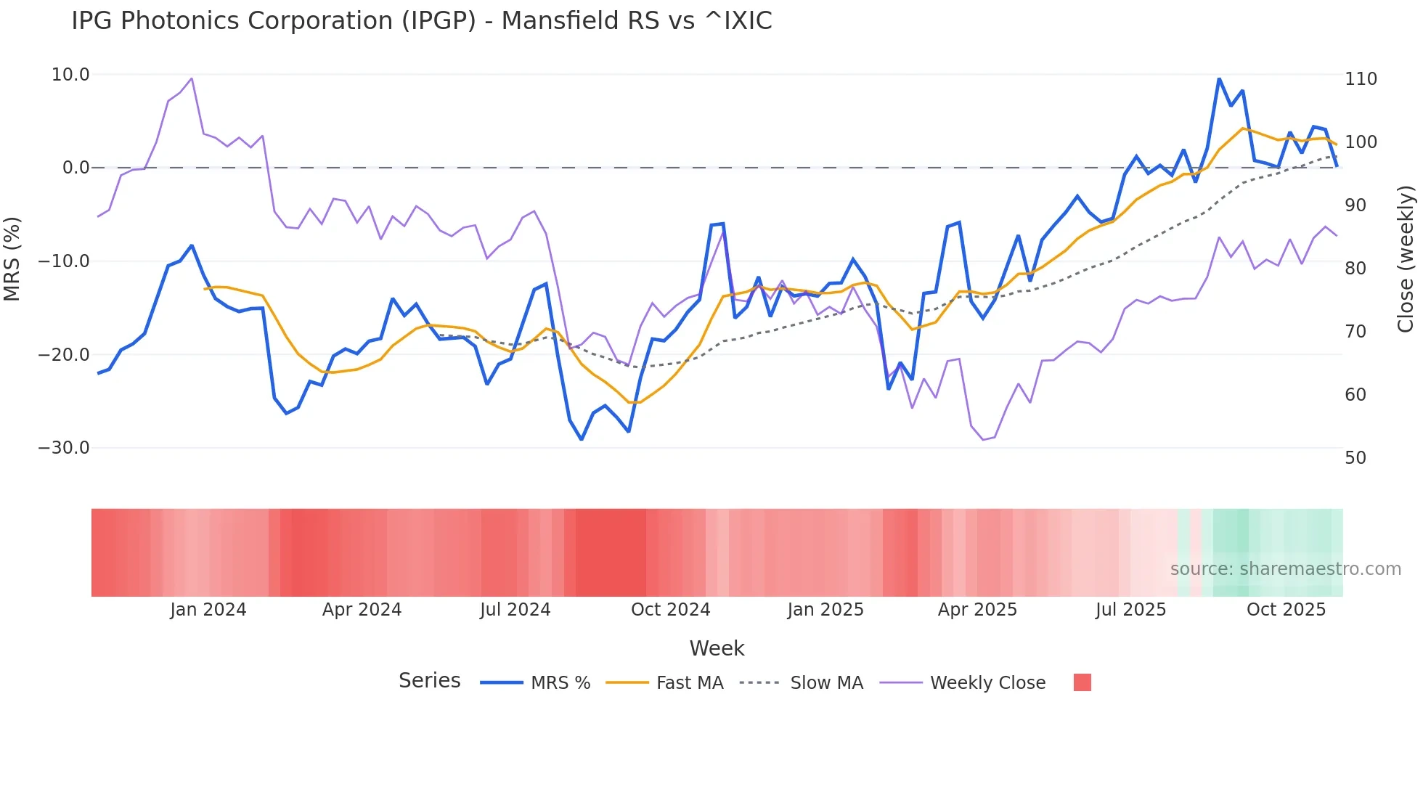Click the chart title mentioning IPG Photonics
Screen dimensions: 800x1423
[421, 21]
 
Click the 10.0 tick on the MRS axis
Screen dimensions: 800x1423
[70, 75]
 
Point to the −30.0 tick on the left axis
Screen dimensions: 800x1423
[64, 448]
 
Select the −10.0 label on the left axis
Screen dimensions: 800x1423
[64, 261]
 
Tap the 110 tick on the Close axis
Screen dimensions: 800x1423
[1361, 79]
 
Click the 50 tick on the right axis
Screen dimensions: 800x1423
[1355, 458]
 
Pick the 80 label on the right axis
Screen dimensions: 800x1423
[1355, 269]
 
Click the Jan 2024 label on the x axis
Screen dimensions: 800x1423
[208, 610]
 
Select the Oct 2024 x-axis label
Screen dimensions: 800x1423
[670, 610]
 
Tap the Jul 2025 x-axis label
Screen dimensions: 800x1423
[1130, 610]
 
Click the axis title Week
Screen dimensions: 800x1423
[717, 648]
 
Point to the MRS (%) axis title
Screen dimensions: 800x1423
[12, 259]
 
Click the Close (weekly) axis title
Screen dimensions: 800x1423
[1406, 259]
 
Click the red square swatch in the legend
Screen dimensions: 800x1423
[1082, 682]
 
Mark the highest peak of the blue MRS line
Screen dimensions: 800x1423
[1219, 78]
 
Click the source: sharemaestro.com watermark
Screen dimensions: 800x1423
[1285, 569]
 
